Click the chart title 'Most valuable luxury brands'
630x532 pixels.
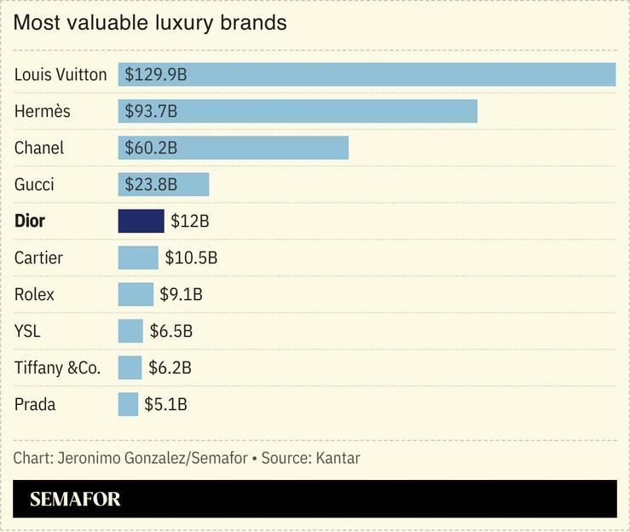click(150, 23)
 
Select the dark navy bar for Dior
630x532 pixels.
click(141, 221)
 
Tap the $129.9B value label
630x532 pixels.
click(156, 75)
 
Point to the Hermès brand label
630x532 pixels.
click(43, 112)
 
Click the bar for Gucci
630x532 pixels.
click(163, 184)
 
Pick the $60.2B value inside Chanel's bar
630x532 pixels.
click(151, 148)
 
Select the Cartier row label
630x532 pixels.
click(38, 257)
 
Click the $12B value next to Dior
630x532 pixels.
click(189, 222)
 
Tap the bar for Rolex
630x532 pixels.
click(136, 294)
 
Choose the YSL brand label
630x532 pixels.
click(27, 331)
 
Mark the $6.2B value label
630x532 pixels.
click(169, 367)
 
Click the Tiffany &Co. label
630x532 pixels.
click(57, 367)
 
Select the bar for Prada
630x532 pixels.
click(128, 404)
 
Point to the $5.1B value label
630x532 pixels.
click(165, 404)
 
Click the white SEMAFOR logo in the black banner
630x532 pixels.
click(75, 500)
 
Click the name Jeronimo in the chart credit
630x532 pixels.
click(90, 458)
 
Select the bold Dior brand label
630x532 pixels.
click(30, 221)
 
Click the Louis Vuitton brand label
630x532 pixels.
click(61, 75)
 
